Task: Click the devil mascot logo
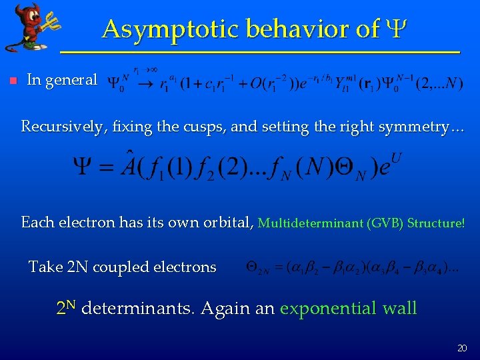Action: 29,27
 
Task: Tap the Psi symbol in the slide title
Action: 393,29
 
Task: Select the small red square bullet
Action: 9,81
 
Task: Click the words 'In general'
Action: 62,80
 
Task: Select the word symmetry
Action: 414,126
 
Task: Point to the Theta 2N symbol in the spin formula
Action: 257,268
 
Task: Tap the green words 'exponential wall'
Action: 349,309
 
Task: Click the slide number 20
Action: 462,348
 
